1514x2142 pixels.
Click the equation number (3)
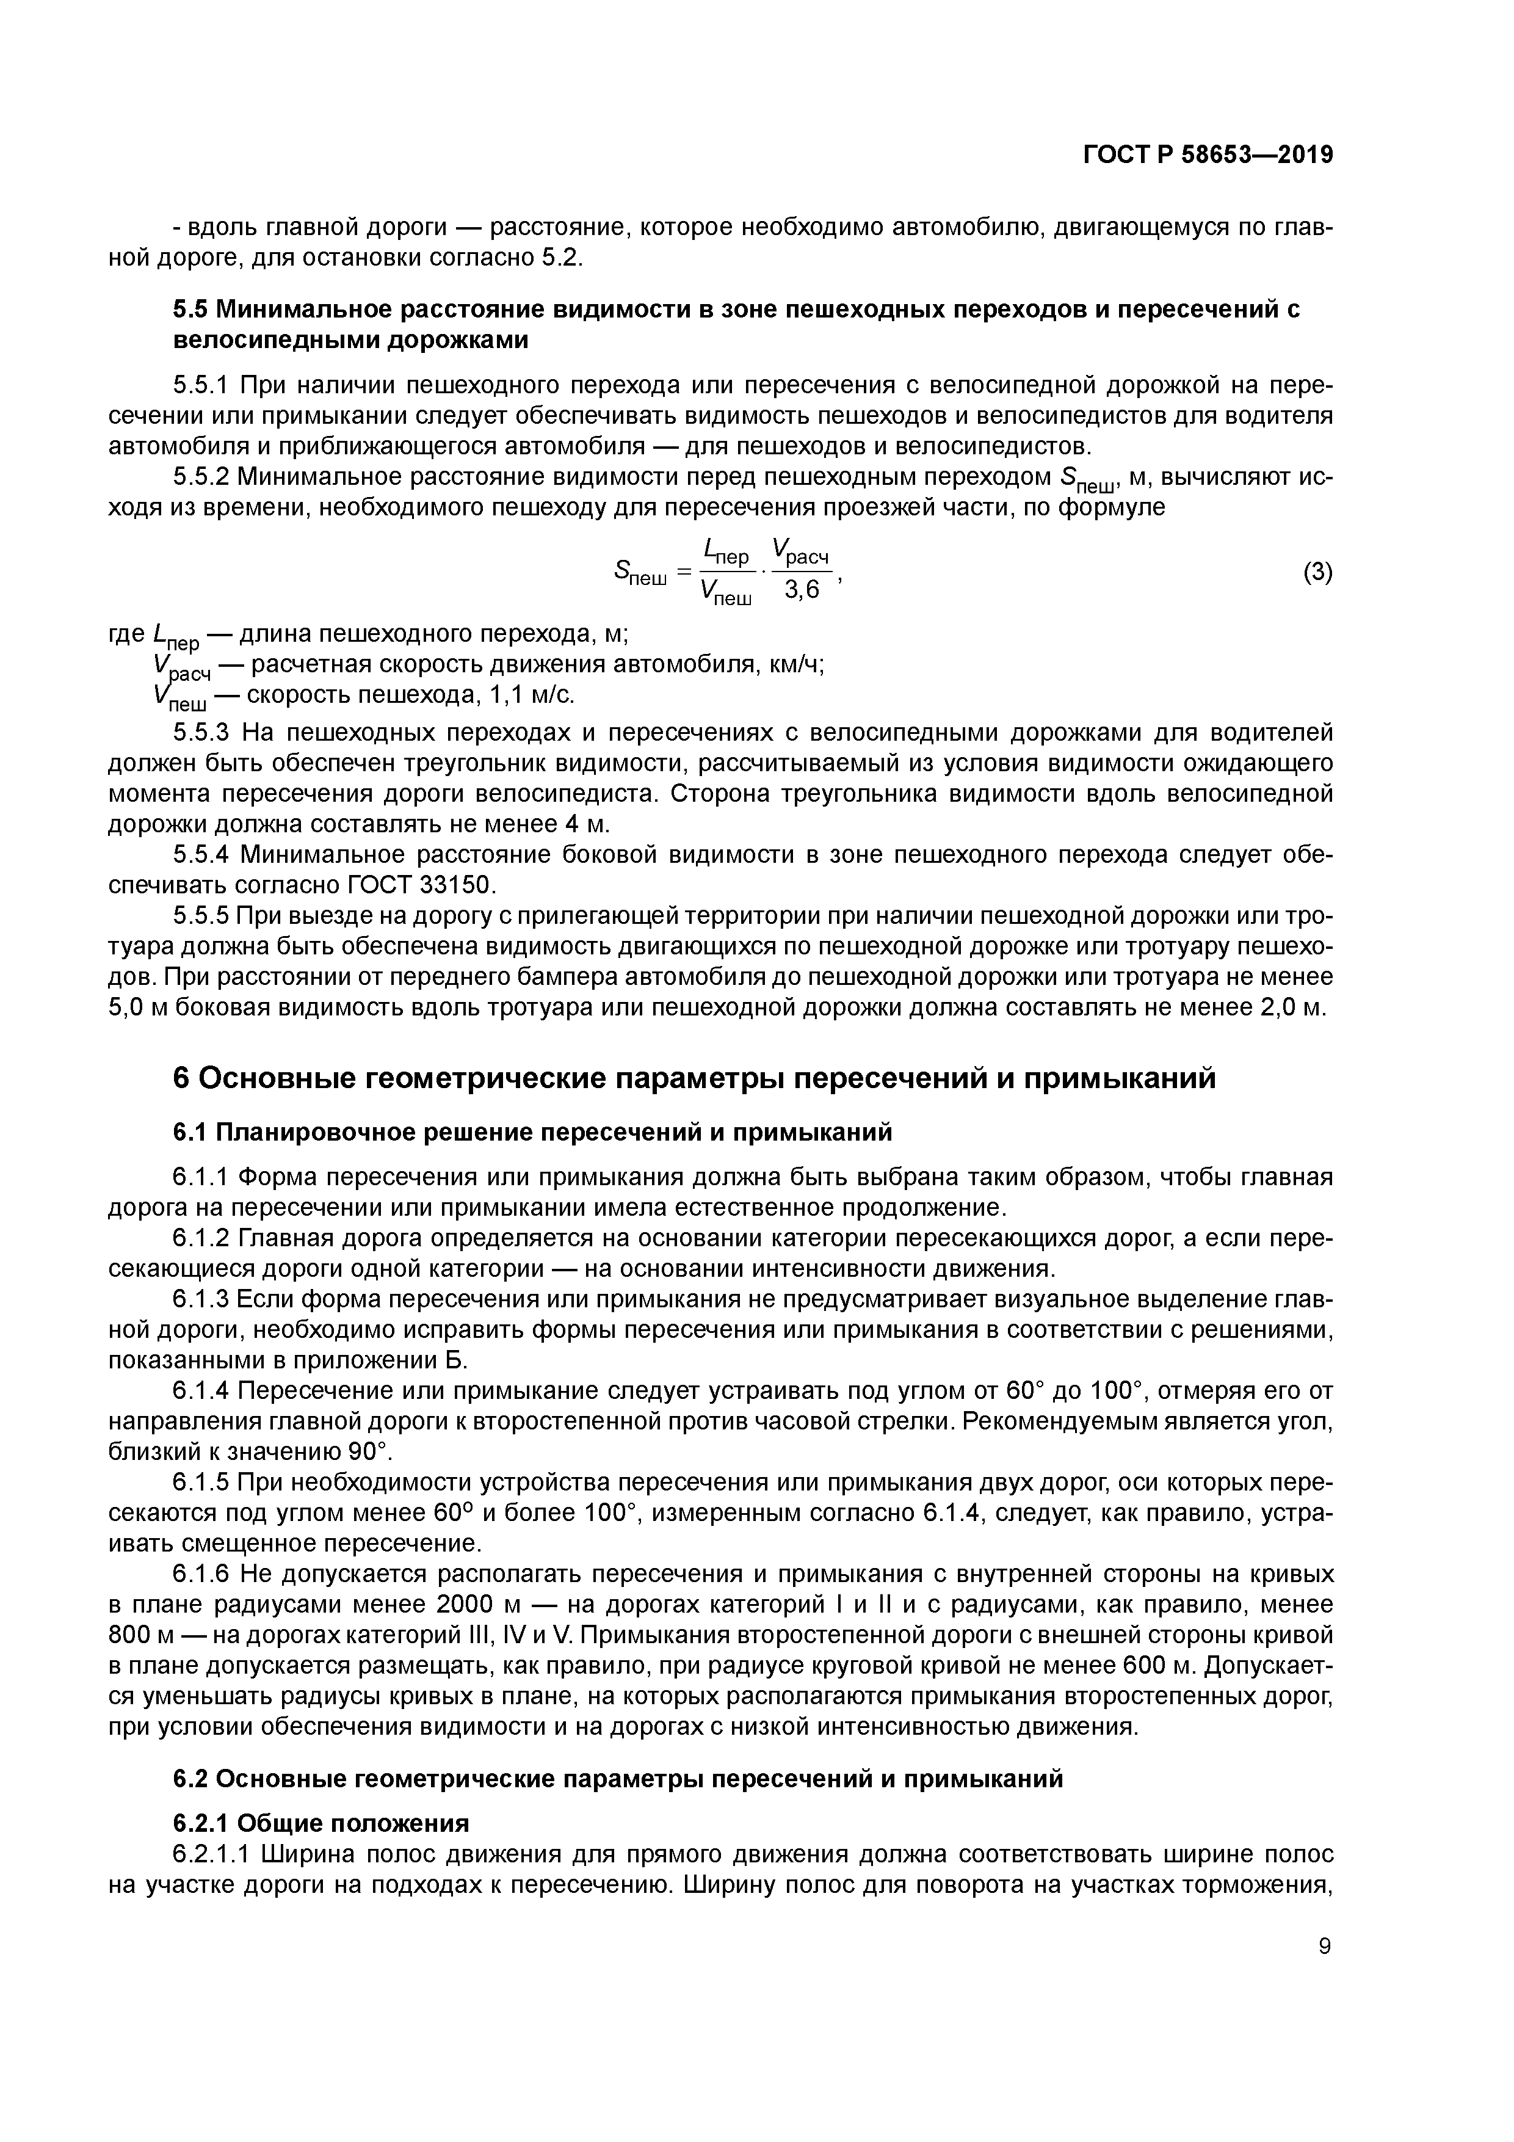click(x=1317, y=572)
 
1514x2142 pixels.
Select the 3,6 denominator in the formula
click(x=802, y=592)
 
